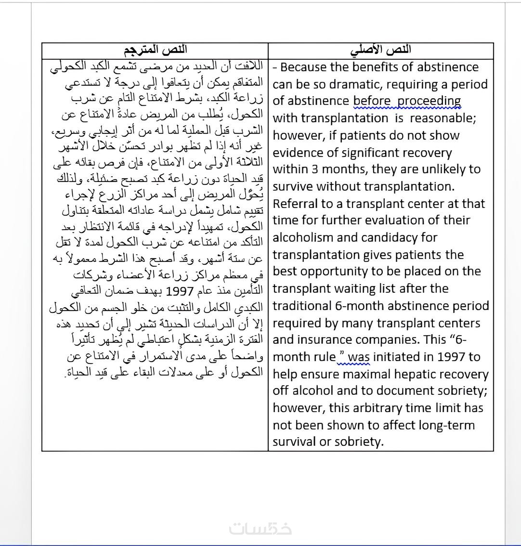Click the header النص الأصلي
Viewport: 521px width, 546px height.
(x=380, y=50)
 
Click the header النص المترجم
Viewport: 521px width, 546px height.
(x=155, y=50)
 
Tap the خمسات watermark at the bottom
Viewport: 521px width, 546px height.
(x=260, y=528)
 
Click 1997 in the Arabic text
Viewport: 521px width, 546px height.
(x=180, y=292)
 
